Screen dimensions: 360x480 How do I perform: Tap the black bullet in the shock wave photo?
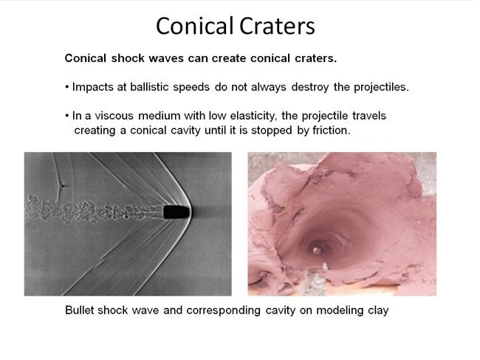pyautogui.click(x=175, y=212)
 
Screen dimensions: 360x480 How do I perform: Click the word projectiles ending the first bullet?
pyautogui.click(x=375, y=87)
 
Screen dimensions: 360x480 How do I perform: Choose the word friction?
pyautogui.click(x=329, y=131)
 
